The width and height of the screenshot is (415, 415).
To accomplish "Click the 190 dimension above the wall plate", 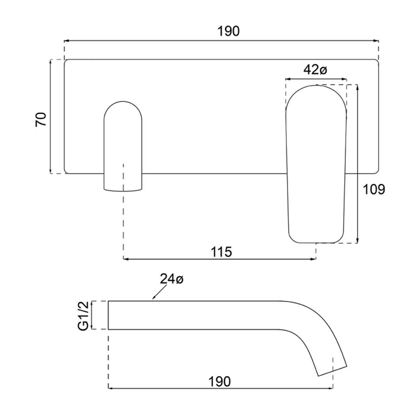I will pos(229,31).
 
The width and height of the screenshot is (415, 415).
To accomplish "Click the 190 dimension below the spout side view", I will pos(220,382).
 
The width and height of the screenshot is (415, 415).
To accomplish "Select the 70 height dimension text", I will pos(41,120).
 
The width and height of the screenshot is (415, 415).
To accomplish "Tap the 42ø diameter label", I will pos(315,70).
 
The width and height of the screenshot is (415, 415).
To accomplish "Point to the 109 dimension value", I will pos(374,189).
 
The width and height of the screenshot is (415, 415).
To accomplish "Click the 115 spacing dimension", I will pos(221,252).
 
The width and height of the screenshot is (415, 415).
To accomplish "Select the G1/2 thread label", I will pos(84,315).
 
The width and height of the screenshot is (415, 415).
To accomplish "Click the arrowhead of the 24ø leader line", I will pos(154,298).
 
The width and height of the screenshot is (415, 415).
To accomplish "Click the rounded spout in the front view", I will pos(123,146).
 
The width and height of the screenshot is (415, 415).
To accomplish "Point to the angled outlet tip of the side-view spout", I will pos(333,370).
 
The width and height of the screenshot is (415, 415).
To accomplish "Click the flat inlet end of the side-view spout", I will pos(109,315).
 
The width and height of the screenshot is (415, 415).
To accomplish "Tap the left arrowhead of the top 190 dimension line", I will pos(66,40).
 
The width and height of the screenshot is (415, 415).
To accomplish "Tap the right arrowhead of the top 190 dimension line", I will pos(377,40).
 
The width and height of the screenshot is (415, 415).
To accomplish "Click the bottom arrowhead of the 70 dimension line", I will pos(50,171).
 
